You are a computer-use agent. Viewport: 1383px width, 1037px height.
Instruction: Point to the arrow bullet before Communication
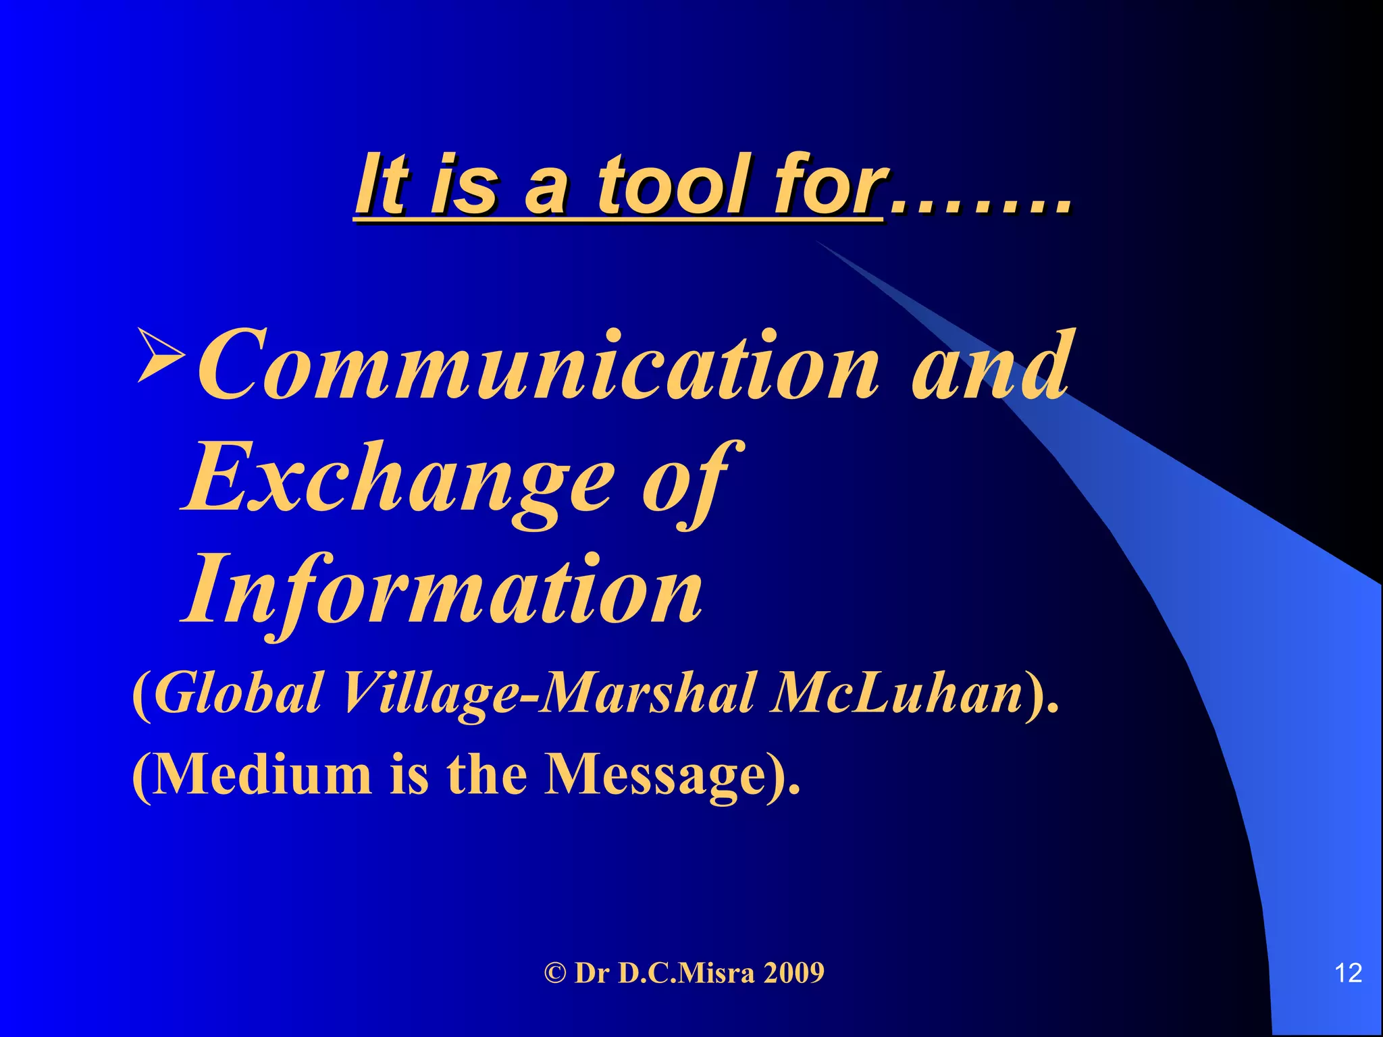pyautogui.click(x=161, y=354)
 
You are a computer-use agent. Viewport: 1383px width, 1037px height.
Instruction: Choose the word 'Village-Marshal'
pyautogui.click(x=547, y=693)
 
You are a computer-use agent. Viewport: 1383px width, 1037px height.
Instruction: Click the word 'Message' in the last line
pyautogui.click(x=655, y=774)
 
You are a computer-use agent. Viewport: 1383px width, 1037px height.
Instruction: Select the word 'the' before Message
pyautogui.click(x=486, y=774)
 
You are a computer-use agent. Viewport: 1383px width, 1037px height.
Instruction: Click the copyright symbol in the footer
pyautogui.click(x=555, y=973)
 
